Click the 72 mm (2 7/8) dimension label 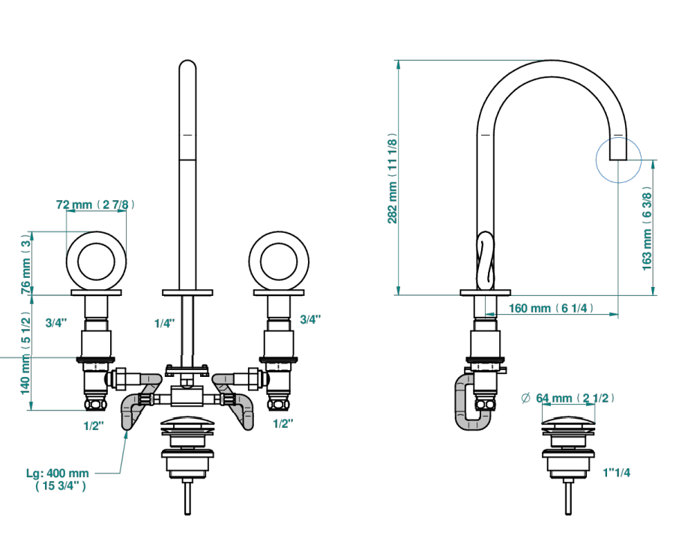click(x=95, y=205)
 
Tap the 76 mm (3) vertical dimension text click(x=26, y=264)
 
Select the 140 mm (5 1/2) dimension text click(x=26, y=353)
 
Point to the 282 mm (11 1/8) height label click(x=392, y=178)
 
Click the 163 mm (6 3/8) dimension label click(x=647, y=229)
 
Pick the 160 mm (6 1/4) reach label click(x=551, y=308)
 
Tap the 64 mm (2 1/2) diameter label click(x=575, y=398)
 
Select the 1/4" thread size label click(x=165, y=323)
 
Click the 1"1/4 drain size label click(x=616, y=472)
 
